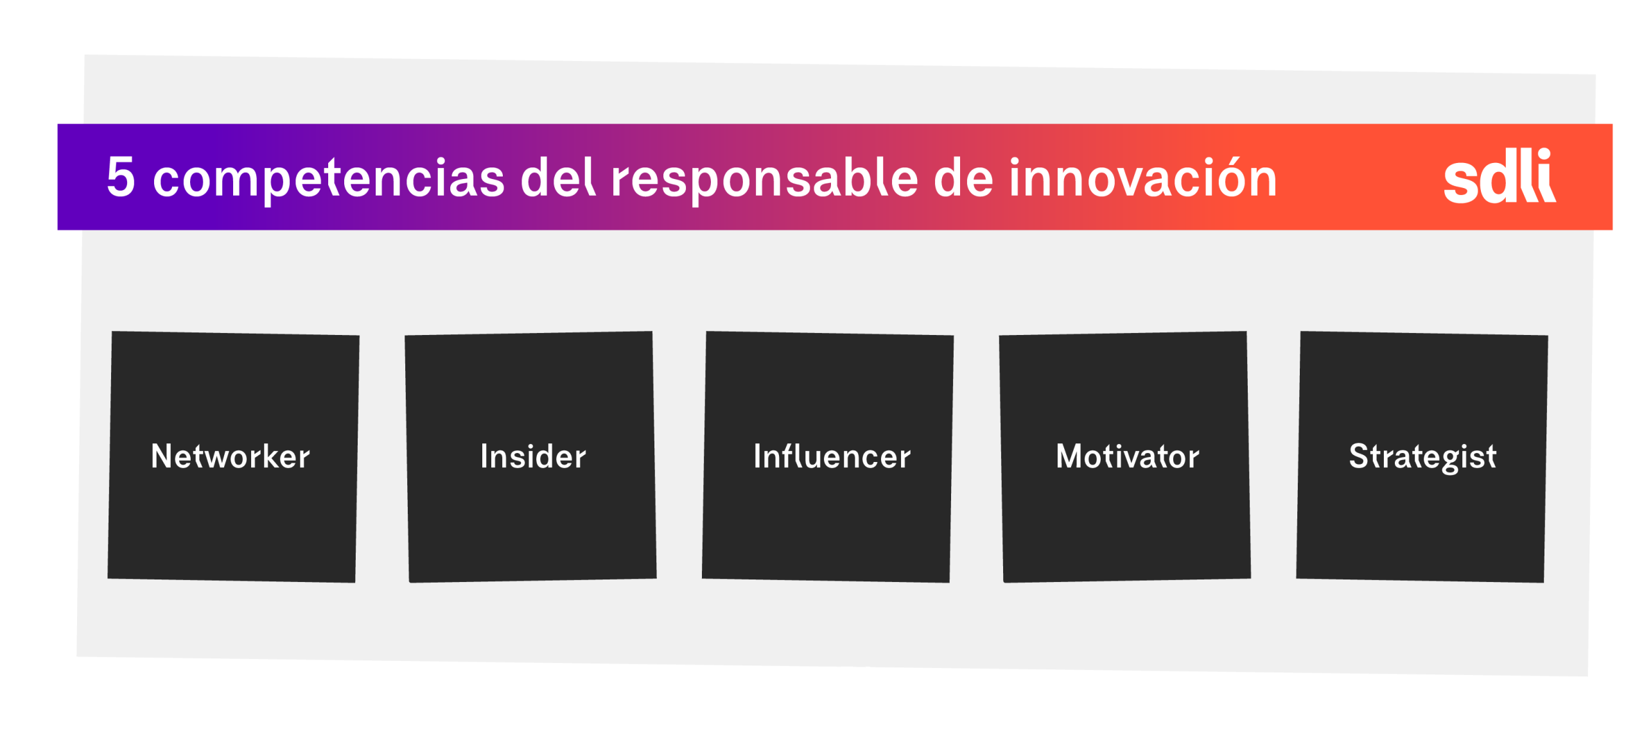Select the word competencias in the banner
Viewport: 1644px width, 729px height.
[x=328, y=178]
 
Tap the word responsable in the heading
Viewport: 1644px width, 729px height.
[x=764, y=178]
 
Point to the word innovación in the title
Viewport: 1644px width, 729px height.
[x=1142, y=178]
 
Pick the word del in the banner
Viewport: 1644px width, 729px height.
[x=557, y=177]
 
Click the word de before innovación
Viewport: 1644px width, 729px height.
[x=963, y=178]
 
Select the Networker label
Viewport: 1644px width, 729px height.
[x=230, y=456]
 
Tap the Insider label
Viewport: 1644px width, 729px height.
[x=532, y=456]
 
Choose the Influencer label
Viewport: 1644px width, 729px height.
[x=831, y=456]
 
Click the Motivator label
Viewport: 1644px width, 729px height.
[x=1127, y=456]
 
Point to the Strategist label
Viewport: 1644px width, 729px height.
[x=1422, y=457]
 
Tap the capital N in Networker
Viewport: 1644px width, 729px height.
[x=161, y=456]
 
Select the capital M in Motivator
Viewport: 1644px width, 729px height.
[x=1069, y=456]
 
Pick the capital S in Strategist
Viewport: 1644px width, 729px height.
[x=1359, y=456]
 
